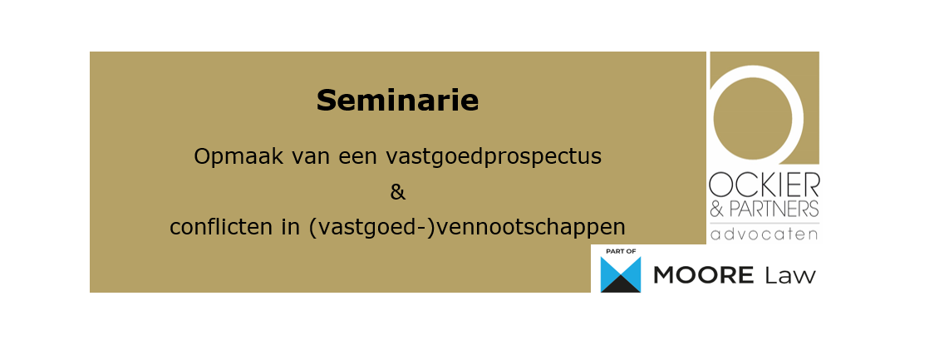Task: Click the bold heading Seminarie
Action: pyautogui.click(x=397, y=101)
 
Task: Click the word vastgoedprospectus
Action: pyautogui.click(x=494, y=156)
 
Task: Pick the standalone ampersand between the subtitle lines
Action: pyautogui.click(x=397, y=192)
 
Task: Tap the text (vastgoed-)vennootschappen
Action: pyautogui.click(x=466, y=227)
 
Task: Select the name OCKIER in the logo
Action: pyautogui.click(x=764, y=184)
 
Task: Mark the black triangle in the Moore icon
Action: pyautogui.click(x=621, y=285)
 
